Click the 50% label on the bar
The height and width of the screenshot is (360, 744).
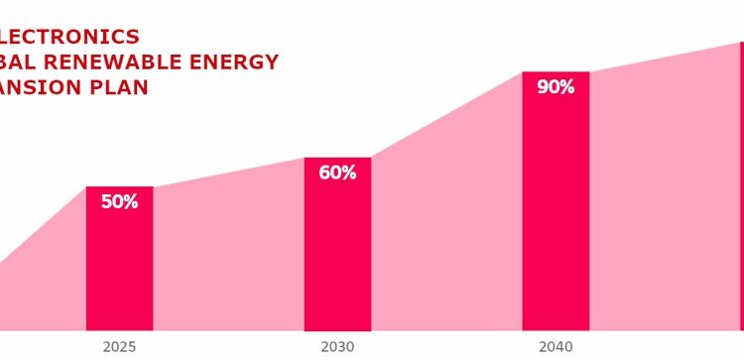[119, 202]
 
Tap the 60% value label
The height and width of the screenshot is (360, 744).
[337, 173]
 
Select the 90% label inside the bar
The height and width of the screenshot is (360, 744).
[556, 87]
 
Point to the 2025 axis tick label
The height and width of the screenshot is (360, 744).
[119, 347]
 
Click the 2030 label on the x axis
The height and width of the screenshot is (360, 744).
[337, 347]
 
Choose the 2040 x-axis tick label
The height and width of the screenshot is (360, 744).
[556, 347]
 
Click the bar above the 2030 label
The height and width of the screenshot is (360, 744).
[337, 258]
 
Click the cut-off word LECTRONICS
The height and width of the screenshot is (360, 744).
[69, 37]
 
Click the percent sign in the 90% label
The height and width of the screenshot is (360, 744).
[566, 87]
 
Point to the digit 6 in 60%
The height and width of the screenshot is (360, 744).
[324, 173]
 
